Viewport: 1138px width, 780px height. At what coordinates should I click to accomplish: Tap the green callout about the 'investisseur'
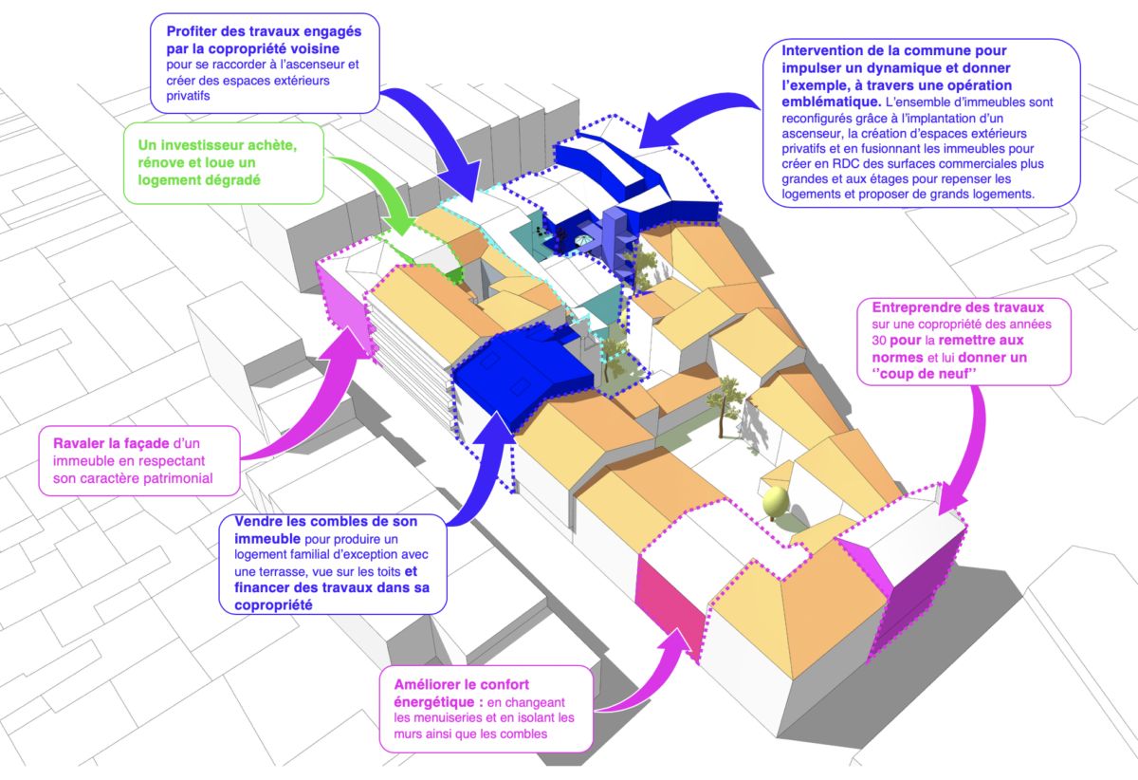227,164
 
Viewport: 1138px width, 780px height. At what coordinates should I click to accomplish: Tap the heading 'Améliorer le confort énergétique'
455,694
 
